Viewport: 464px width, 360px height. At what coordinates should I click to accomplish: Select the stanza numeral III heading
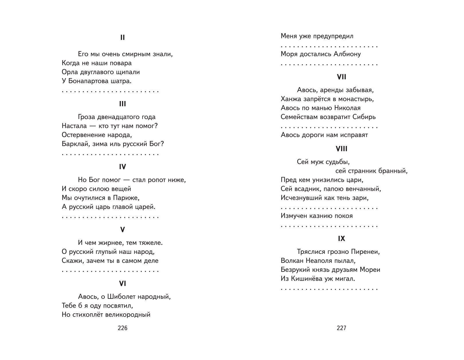pyautogui.click(x=122, y=104)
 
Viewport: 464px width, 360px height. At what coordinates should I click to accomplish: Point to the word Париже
pyautogui.click(x=126, y=198)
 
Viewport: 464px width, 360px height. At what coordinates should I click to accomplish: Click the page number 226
pyautogui.click(x=122, y=328)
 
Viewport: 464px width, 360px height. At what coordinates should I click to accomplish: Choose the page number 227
pyautogui.click(x=341, y=328)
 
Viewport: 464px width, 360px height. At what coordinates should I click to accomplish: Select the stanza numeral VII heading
pyautogui.click(x=341, y=77)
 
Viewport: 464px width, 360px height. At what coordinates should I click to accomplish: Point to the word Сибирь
pyautogui.click(x=364, y=117)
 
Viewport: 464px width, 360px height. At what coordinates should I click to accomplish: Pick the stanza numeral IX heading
pyautogui.click(x=341, y=239)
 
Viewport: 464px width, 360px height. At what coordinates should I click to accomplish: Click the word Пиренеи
pyautogui.click(x=365, y=252)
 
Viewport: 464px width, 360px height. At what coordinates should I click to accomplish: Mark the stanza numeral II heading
pyautogui.click(x=122, y=37)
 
